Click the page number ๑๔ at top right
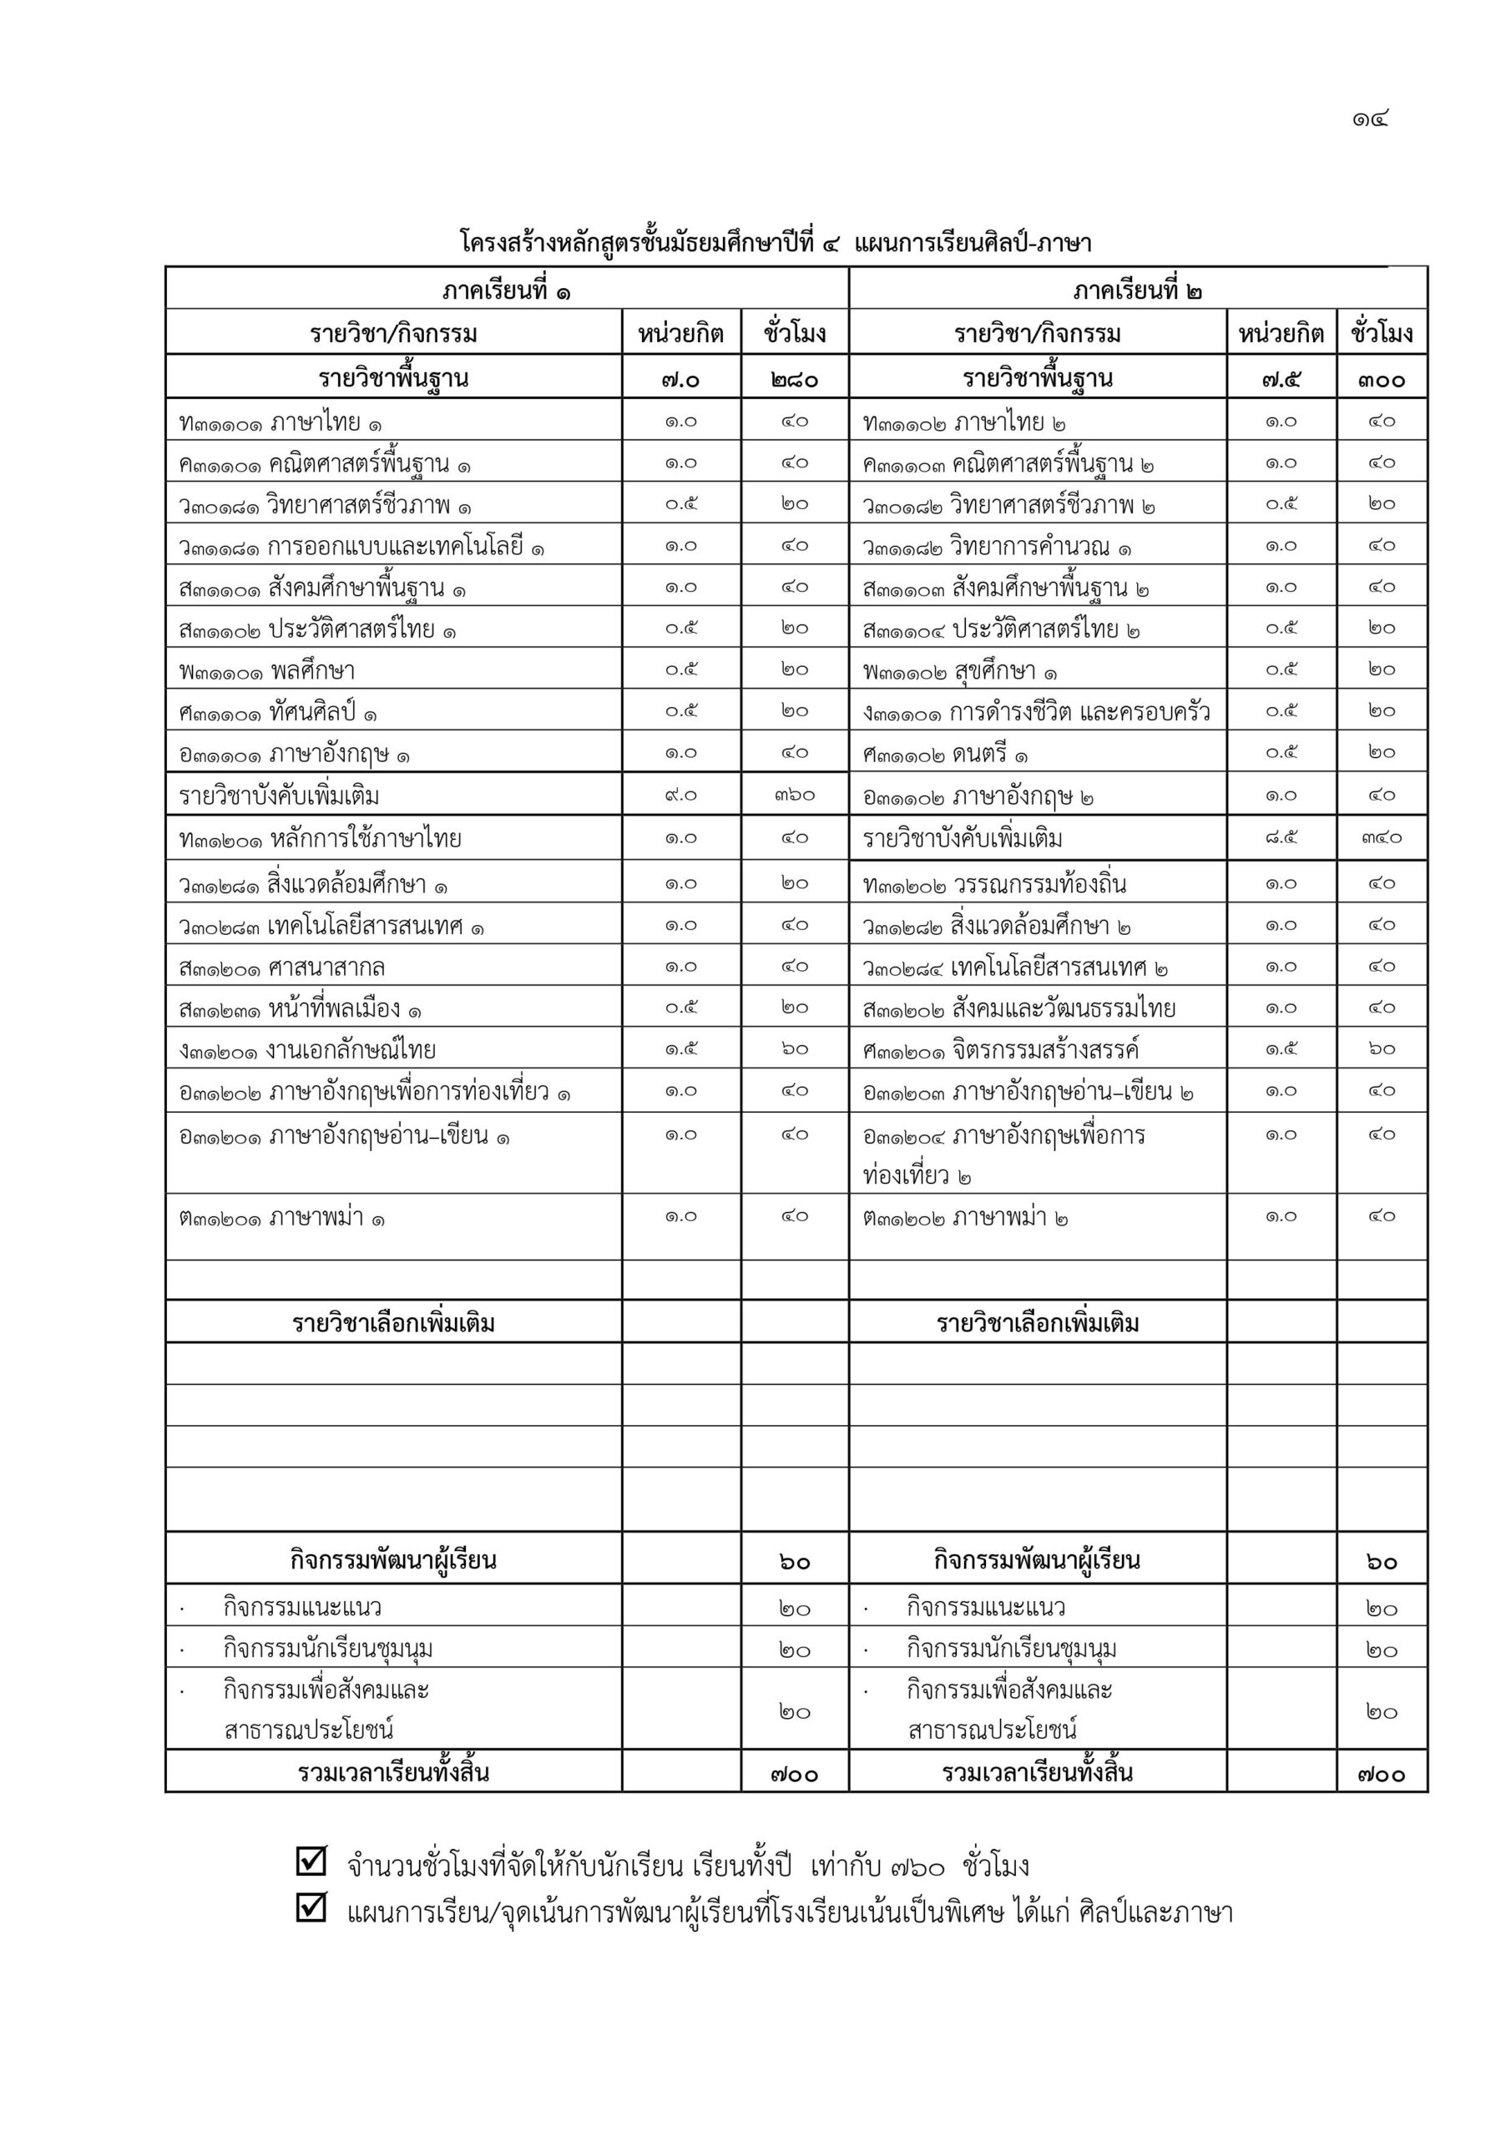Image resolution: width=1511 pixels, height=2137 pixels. point(1371,119)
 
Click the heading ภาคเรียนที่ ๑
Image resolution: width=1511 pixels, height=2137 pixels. point(507,290)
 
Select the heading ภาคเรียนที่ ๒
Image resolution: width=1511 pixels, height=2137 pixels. point(1137,290)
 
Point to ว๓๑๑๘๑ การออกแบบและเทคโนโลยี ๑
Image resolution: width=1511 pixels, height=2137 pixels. point(361,546)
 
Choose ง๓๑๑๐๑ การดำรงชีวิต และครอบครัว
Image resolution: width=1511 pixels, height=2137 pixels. point(1036,713)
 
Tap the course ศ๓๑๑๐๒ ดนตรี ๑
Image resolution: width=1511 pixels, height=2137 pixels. point(945,754)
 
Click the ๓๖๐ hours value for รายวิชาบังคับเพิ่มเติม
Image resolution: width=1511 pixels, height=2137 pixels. point(794,795)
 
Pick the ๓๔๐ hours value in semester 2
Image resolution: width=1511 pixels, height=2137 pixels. point(1382,837)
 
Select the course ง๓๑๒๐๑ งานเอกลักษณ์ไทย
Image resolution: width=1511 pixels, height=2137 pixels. point(307,1050)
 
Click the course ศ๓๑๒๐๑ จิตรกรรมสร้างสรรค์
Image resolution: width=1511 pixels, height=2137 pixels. point(1001,1050)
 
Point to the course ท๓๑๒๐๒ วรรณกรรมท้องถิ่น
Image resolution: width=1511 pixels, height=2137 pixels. point(994,883)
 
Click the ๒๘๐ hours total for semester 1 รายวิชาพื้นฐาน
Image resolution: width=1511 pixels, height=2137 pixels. point(794,380)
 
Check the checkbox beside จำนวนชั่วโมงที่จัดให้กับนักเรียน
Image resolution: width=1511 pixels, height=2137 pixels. point(311,1860)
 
